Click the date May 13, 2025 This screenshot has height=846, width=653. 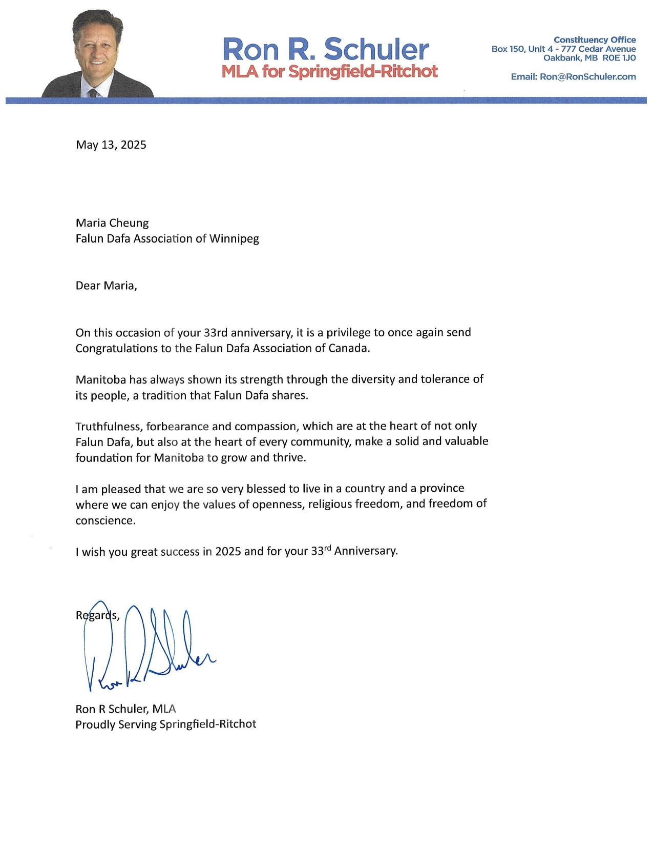[x=111, y=145]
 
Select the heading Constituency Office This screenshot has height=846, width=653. [x=594, y=40]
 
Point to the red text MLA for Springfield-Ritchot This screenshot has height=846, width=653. [x=329, y=71]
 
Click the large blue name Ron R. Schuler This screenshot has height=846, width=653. [x=325, y=49]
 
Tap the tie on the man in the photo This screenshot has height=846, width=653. [x=93, y=93]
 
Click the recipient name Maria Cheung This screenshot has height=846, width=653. [x=112, y=223]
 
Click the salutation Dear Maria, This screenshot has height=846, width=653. [x=106, y=286]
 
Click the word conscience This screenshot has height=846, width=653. [x=106, y=521]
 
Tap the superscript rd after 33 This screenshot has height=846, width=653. [x=328, y=548]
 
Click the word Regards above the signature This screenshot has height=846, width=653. [x=97, y=615]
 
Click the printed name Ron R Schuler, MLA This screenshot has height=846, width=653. [x=125, y=709]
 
